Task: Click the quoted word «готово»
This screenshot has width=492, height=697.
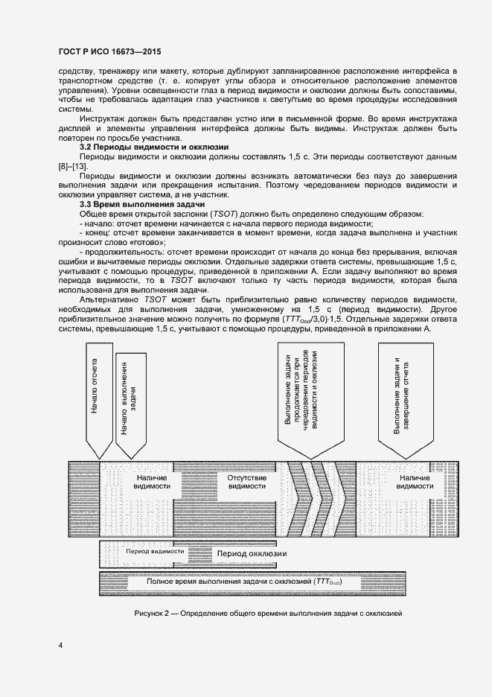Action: click(145, 241)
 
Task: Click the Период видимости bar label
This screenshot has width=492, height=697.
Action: click(156, 552)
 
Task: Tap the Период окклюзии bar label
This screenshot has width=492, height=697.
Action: click(251, 555)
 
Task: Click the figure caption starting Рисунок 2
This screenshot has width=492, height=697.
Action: click(268, 612)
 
